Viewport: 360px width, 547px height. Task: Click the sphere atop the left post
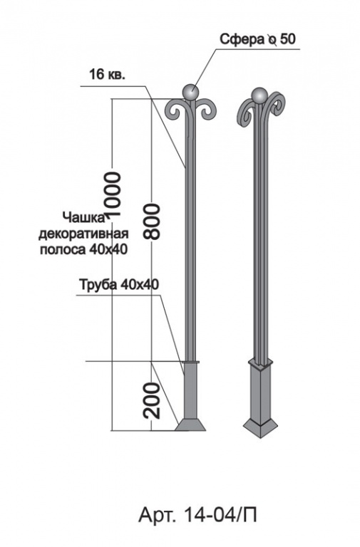190,93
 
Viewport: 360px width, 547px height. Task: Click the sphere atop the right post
259,95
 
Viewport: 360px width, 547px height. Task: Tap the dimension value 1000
113,196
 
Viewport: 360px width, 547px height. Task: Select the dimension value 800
152,222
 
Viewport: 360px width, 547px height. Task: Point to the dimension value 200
152,401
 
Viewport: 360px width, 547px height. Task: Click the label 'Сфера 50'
257,39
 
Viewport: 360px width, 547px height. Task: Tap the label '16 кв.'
107,74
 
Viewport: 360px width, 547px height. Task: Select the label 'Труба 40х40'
119,285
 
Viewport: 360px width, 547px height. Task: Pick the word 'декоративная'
83,234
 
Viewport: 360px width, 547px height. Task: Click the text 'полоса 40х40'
83,249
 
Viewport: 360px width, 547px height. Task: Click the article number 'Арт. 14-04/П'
197,514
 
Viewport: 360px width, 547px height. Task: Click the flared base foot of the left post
190,425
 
